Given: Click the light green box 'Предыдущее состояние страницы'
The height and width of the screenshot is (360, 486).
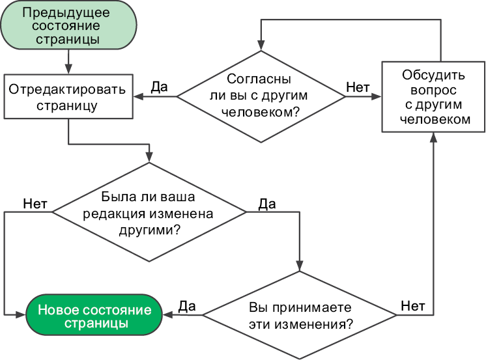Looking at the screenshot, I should (x=67, y=27).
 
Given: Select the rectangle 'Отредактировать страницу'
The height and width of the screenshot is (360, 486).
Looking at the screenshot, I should (x=68, y=96).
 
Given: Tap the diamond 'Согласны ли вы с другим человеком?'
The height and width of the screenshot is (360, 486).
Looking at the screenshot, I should (x=261, y=96).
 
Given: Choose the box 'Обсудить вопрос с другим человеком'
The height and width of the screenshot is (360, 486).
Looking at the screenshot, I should (x=433, y=96).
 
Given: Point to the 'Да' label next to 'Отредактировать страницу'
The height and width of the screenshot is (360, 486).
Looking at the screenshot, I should (x=159, y=86).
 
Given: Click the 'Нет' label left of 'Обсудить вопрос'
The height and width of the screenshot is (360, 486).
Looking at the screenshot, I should (x=358, y=86).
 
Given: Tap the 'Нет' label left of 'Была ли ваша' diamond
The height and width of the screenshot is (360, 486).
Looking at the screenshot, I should (x=35, y=202).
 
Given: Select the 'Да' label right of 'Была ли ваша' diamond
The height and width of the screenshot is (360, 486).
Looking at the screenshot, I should (x=267, y=203).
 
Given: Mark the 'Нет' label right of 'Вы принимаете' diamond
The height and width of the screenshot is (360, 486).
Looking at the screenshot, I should (x=413, y=305).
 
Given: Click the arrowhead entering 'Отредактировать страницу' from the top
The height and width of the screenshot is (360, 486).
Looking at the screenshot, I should (x=68, y=69).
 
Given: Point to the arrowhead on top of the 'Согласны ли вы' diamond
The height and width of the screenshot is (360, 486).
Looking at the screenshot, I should (x=261, y=48).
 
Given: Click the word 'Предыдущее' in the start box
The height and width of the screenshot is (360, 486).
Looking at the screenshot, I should (x=68, y=13).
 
